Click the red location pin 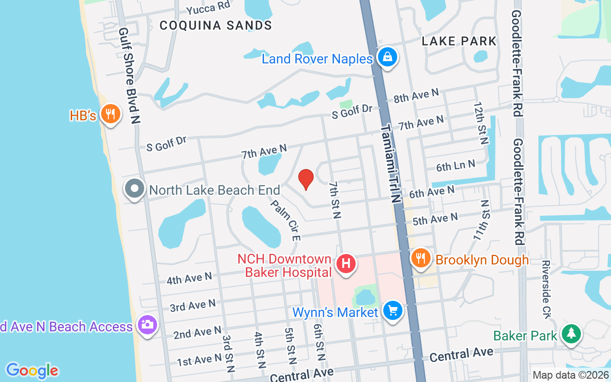click(305, 180)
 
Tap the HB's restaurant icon click(111, 114)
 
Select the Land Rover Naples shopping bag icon click(388, 57)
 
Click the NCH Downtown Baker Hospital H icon click(346, 264)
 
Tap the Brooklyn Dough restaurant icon click(420, 259)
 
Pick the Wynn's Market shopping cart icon click(392, 311)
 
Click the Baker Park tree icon click(570, 334)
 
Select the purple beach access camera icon click(147, 325)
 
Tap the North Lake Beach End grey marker click(135, 189)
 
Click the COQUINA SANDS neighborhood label click(216, 25)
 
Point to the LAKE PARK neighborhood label click(459, 41)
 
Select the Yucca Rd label click(208, 7)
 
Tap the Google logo click(32, 371)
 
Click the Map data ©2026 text click(571, 375)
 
